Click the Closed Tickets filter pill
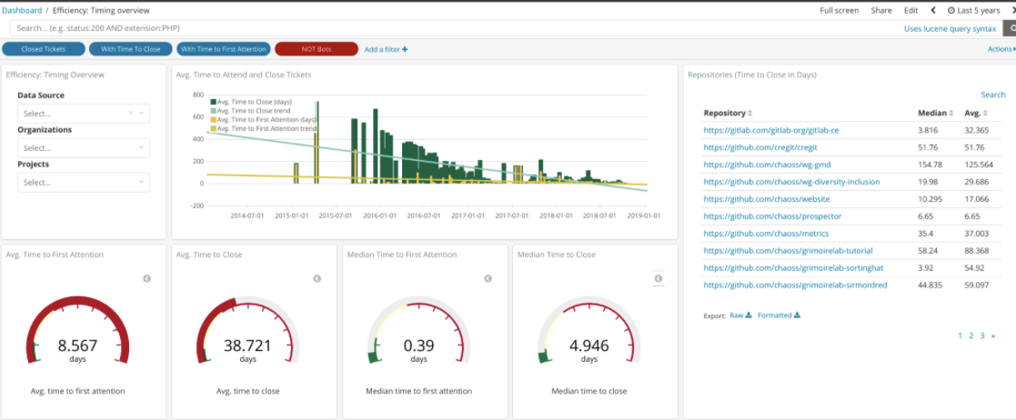pyautogui.click(x=44, y=49)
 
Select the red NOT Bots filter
pyautogui.click(x=316, y=49)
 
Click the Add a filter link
pyautogui.click(x=386, y=49)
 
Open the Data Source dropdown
pyautogui.click(x=83, y=114)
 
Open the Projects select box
pyautogui.click(x=83, y=183)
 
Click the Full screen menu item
pyautogui.click(x=839, y=10)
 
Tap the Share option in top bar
pyautogui.click(x=880, y=10)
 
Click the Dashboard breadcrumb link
pyautogui.click(x=21, y=10)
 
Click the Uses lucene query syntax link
pyautogui.click(x=943, y=29)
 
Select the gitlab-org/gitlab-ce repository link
pyautogui.click(x=770, y=130)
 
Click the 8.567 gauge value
pyautogui.click(x=77, y=345)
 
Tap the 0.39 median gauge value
pyautogui.click(x=417, y=345)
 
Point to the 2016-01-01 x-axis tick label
pyautogui.click(x=378, y=215)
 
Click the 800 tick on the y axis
pyautogui.click(x=196, y=95)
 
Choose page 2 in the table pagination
pyautogui.click(x=971, y=335)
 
